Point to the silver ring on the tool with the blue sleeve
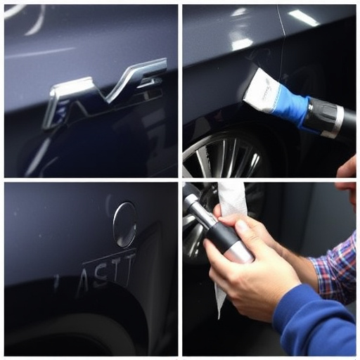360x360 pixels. pyautogui.click(x=337, y=120)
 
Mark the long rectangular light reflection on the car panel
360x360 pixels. pyautogui.click(x=303, y=18)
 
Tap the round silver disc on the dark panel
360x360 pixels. pyautogui.click(x=124, y=224)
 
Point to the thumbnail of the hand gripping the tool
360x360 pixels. pyautogui.click(x=240, y=228)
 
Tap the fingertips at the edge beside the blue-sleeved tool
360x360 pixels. pyautogui.click(x=347, y=169)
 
